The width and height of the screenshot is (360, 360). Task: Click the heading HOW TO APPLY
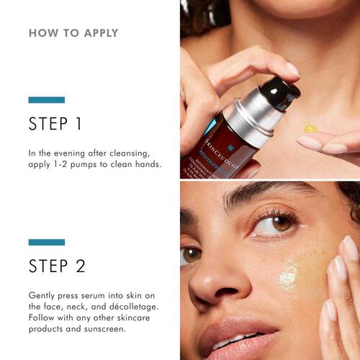[x=73, y=33]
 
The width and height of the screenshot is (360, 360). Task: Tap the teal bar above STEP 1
[x=46, y=99]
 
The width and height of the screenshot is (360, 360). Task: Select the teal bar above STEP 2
[x=46, y=242]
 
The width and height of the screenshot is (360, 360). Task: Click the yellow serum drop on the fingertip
[x=310, y=129]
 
